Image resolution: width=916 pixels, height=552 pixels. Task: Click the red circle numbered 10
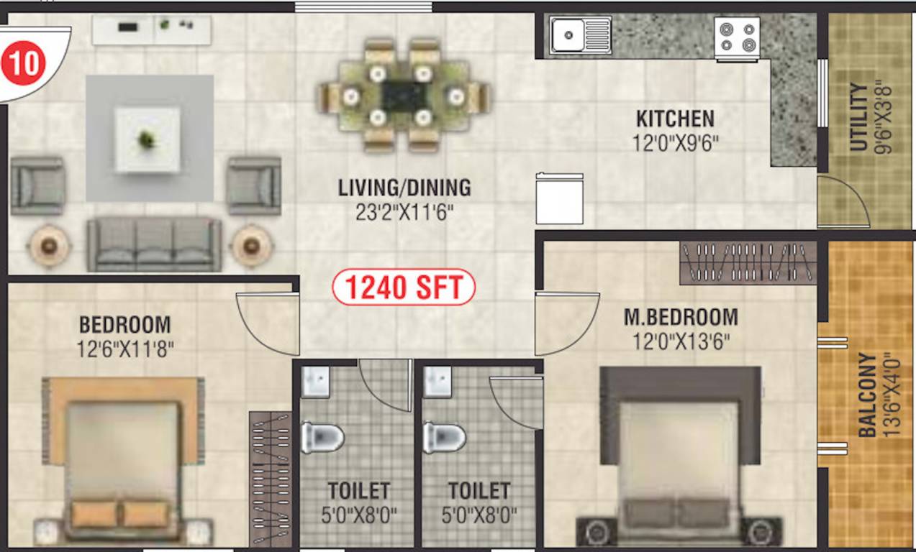23,64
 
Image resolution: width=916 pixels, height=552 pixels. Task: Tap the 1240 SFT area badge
403,288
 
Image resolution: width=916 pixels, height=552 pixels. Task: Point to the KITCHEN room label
675,118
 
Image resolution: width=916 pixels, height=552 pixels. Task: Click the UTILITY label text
858,118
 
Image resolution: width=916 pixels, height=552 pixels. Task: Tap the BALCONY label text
868,395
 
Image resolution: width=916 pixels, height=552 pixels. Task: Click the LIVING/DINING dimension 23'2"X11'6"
404,213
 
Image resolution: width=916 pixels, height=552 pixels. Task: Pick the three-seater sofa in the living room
154,244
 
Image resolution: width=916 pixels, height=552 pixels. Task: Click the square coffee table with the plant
148,139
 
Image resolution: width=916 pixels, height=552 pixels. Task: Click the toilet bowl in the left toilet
322,437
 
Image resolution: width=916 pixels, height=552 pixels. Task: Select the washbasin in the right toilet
437,382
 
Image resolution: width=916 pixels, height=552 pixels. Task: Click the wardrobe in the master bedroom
748,262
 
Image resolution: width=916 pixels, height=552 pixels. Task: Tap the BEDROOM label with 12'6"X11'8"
125,336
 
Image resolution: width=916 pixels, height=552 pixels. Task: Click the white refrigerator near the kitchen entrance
559,199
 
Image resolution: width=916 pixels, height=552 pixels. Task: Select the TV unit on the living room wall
152,29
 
